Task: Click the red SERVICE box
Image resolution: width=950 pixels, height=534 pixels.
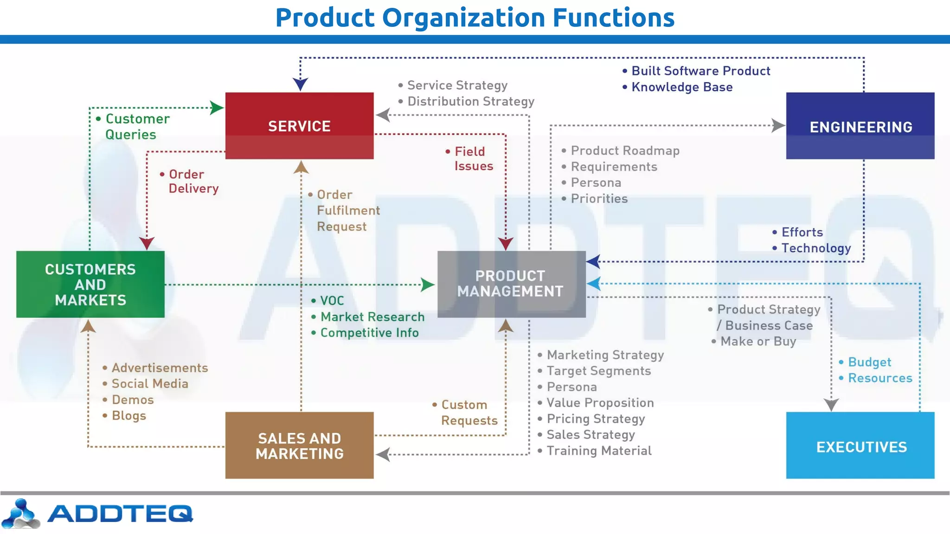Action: pyautogui.click(x=299, y=126)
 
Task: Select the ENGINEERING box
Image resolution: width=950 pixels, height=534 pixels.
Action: pyautogui.click(x=860, y=126)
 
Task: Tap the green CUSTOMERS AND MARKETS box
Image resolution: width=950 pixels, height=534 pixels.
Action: pyautogui.click(x=90, y=284)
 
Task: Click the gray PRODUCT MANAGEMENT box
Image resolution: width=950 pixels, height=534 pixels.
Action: pyautogui.click(x=511, y=284)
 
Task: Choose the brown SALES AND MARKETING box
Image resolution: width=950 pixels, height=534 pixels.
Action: pyautogui.click(x=299, y=445)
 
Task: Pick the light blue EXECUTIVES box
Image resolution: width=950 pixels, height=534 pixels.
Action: pyautogui.click(x=860, y=446)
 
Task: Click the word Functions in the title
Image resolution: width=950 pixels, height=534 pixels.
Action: pyautogui.click(x=613, y=18)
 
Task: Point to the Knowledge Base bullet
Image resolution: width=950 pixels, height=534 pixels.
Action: pyautogui.click(x=681, y=87)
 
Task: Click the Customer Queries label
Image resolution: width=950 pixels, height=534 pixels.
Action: pyautogui.click(x=136, y=127)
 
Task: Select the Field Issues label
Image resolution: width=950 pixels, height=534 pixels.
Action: pyautogui.click(x=473, y=159)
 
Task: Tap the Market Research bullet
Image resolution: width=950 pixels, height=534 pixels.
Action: pyautogui.click(x=372, y=317)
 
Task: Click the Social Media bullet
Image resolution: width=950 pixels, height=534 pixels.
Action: pyautogui.click(x=149, y=384)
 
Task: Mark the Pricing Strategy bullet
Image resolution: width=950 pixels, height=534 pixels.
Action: pyautogui.click(x=595, y=419)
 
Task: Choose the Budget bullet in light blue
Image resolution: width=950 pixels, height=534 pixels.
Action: pyautogui.click(x=869, y=362)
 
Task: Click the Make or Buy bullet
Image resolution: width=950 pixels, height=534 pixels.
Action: pyautogui.click(x=758, y=342)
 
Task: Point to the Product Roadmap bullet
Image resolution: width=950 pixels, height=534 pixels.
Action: pyautogui.click(x=624, y=151)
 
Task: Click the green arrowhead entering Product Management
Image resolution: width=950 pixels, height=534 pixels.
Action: pyautogui.click(x=427, y=285)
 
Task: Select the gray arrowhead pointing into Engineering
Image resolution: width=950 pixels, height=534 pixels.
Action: pyautogui.click(x=778, y=125)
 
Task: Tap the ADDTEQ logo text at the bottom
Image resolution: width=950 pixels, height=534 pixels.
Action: pyautogui.click(x=120, y=514)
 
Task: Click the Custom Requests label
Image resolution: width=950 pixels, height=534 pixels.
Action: pyautogui.click(x=469, y=413)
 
